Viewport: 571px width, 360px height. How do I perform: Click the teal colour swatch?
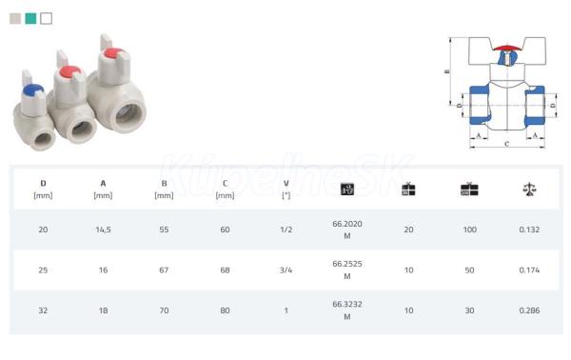pos(30,18)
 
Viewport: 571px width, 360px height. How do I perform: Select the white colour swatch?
pos(47,18)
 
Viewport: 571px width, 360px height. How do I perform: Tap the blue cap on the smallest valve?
pos(32,90)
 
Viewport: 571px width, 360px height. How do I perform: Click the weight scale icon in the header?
pos(529,190)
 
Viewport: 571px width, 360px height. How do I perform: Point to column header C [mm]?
pos(225,190)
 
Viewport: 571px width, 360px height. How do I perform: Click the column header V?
pos(286,190)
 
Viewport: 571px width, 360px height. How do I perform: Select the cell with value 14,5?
pos(104,230)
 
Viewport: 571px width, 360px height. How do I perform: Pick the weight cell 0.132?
pos(529,230)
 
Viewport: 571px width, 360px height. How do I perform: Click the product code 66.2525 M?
pos(347,270)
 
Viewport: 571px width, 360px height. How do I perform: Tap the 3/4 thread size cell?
pos(285,270)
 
